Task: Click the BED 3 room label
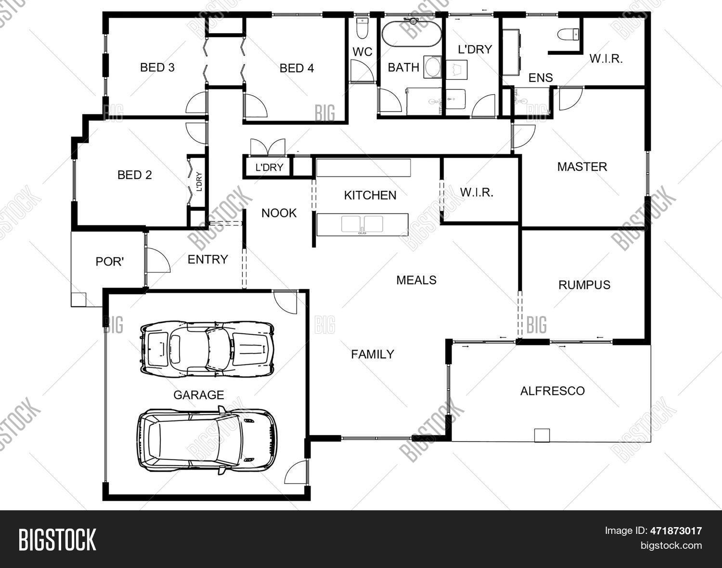coord(157,67)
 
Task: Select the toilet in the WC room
coord(362,29)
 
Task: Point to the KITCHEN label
coord(370,195)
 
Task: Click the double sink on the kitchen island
coord(362,225)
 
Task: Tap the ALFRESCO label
coord(552,391)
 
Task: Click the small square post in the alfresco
coord(542,435)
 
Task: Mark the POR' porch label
coord(110,262)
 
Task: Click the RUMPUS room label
coord(584,285)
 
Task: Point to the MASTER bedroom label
coord(582,167)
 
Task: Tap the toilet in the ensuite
coord(568,35)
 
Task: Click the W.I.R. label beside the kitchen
coord(477,193)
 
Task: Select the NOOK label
coord(279,213)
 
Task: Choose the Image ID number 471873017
coord(675,531)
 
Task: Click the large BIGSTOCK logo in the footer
coord(57,539)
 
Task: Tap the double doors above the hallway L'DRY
coord(268,147)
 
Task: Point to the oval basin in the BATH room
coord(432,67)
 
